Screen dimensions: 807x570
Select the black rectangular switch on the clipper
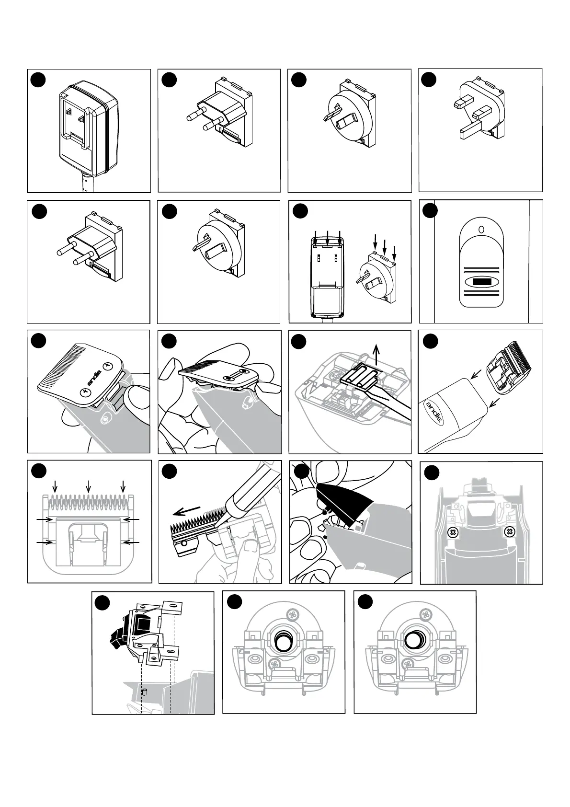tap(481, 282)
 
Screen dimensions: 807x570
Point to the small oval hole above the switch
tap(481, 230)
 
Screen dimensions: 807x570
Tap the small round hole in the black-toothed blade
tap(184, 543)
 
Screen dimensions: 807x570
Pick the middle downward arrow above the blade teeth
tap(88, 486)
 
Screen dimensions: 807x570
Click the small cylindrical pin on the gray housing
tap(146, 692)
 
